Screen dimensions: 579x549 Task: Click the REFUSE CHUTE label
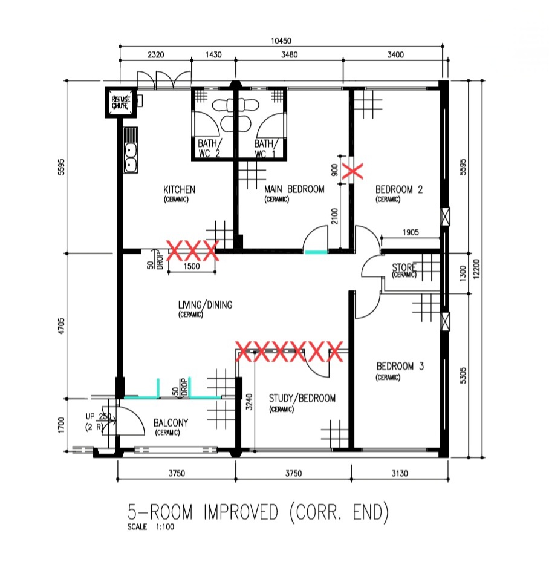[x=119, y=102]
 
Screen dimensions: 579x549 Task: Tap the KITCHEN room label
[x=179, y=189]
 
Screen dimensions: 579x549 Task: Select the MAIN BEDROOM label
[x=294, y=189]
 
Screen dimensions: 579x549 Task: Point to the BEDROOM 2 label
[x=398, y=189]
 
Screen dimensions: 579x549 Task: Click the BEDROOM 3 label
[x=400, y=366]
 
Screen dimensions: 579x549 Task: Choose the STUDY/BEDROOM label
[x=302, y=398]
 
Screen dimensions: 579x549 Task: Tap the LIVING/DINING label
[x=204, y=305]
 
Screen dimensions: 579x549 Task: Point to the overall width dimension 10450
[x=282, y=41]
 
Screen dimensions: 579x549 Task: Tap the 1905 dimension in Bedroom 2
[x=411, y=232]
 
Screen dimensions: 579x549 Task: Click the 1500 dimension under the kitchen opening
[x=192, y=267]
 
